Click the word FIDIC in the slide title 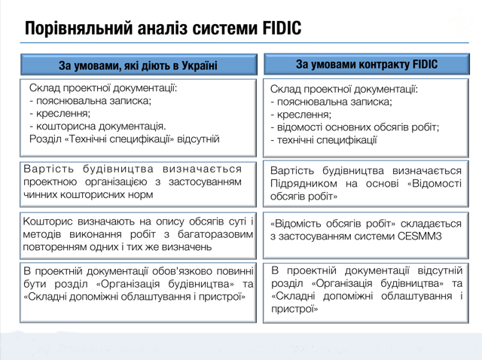[282, 28]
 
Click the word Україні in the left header [200, 66]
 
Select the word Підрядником [304, 184]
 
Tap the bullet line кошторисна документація [98, 126]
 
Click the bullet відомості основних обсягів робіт [355, 127]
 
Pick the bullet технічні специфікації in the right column [324, 140]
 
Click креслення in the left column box [60, 114]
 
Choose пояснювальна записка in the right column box [331, 102]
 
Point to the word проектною [50, 182]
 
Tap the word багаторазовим [215, 234]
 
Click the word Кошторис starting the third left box [47, 221]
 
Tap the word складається [431, 224]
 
